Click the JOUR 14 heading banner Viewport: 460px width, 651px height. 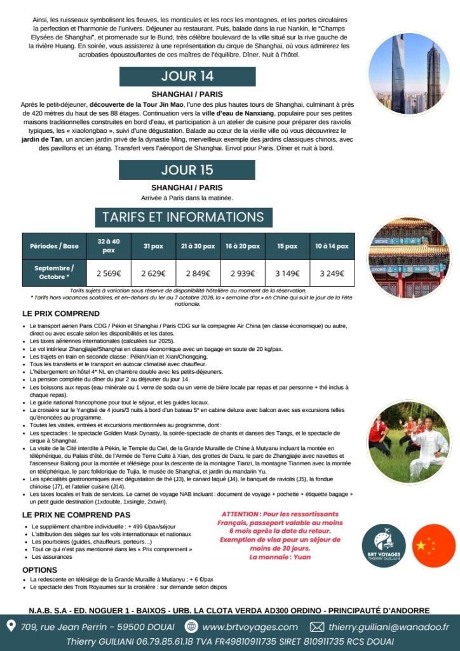point(187,76)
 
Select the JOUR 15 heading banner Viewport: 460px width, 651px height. point(187,170)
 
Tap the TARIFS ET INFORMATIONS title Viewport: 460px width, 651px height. point(183,217)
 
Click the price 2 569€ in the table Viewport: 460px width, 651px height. point(109,273)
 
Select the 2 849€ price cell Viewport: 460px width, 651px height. point(197,273)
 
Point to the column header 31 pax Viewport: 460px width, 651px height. point(153,246)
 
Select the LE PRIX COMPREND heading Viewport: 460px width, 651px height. point(60,313)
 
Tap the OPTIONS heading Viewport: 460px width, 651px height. point(40,570)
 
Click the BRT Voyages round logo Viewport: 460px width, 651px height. point(384,545)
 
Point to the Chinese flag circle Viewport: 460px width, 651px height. point(434,545)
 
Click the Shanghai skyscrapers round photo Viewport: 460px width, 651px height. point(409,73)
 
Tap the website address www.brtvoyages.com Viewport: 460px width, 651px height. point(249,627)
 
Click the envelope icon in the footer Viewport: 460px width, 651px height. point(316,627)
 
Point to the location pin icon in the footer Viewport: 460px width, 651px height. point(11,627)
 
